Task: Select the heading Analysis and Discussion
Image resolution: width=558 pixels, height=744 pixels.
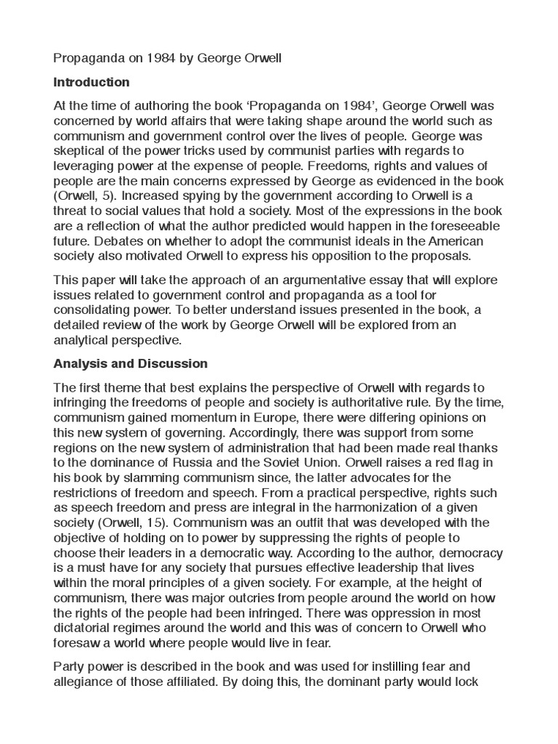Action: click(x=131, y=363)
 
